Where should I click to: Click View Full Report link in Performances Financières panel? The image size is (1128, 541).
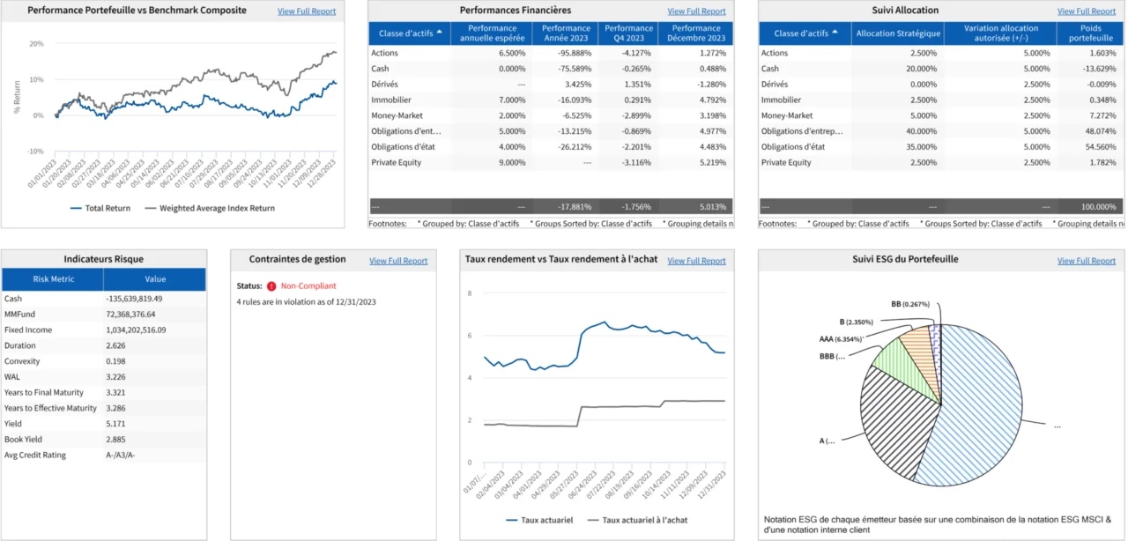click(696, 11)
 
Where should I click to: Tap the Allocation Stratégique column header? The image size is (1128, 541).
click(898, 33)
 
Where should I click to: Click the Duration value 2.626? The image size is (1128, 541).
click(115, 345)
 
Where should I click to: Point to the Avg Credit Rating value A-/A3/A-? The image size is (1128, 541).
click(121, 455)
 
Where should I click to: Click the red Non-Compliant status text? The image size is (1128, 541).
click(308, 286)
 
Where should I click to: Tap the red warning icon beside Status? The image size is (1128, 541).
click(271, 286)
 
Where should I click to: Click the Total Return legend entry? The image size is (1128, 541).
click(106, 208)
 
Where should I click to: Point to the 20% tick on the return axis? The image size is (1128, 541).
click(36, 43)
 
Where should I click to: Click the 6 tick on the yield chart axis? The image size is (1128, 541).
click(470, 336)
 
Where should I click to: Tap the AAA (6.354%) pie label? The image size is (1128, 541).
click(840, 337)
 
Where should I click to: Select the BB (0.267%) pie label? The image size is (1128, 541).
click(910, 304)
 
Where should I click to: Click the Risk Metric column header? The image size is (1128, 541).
click(53, 279)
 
